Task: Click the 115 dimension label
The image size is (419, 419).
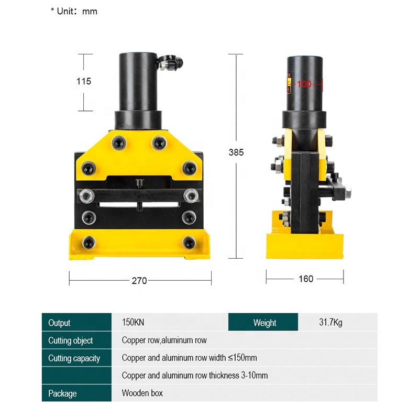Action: point(83,81)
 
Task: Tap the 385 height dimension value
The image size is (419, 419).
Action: point(236,152)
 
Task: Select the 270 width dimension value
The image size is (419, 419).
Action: point(139,281)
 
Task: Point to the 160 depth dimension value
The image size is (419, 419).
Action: point(306,279)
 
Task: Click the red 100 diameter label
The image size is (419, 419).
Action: point(304,84)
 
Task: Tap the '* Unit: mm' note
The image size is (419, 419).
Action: point(74,11)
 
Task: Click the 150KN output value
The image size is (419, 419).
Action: point(133,323)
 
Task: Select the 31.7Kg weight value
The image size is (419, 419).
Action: point(331,323)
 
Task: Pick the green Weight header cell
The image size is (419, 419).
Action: point(264,323)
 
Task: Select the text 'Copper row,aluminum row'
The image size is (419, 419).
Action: point(164,340)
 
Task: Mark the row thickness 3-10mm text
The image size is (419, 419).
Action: point(195,376)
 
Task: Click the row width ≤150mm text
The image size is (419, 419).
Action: point(189,358)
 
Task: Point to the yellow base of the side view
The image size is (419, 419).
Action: point(305,245)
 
